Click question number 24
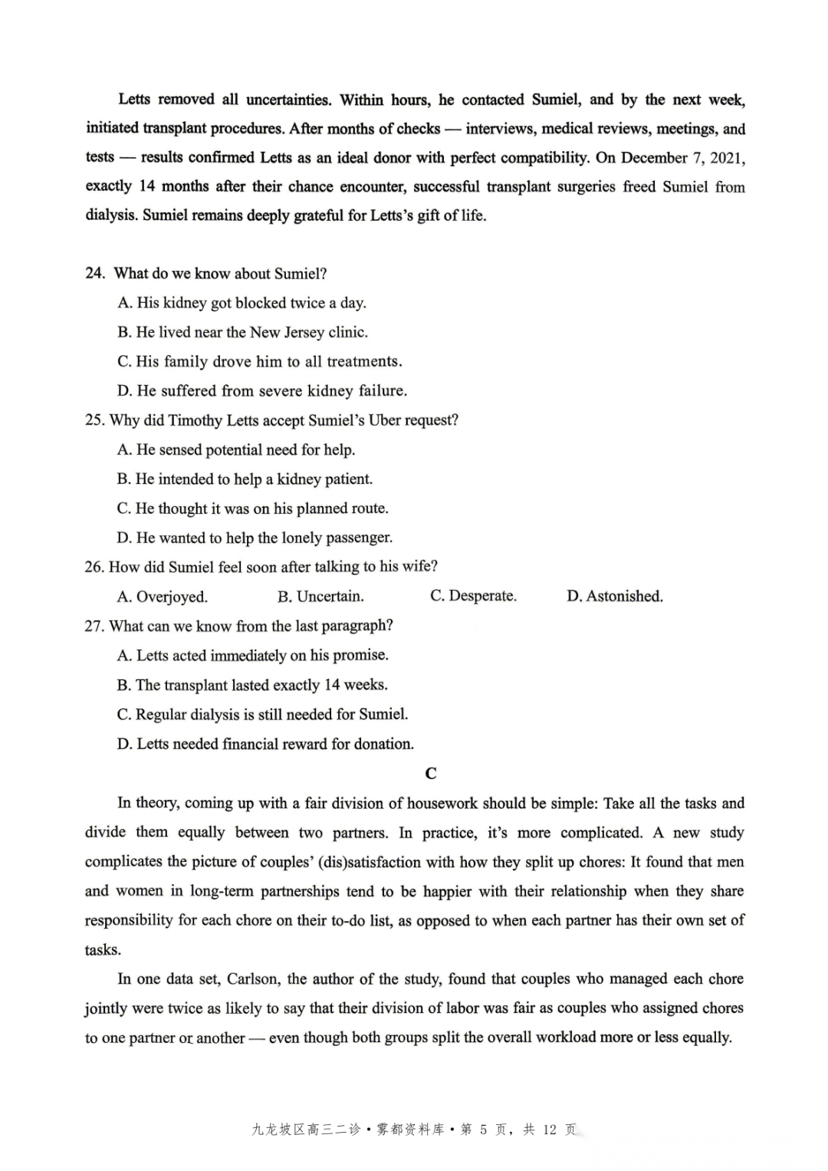pos(95,274)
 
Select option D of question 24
pos(262,391)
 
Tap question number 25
pos(94,420)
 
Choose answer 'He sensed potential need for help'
pos(236,450)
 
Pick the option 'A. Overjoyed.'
pos(163,597)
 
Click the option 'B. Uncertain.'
pos(320,597)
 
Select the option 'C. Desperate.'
pos(473,596)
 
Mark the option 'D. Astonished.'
pos(614,596)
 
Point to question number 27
pos(94,626)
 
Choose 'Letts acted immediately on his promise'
pos(253,656)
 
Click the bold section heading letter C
pos(431,773)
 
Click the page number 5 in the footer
pos(484,1130)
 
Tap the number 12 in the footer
pos(549,1130)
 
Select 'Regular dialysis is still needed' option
pos(262,715)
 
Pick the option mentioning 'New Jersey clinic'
pos(243,333)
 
